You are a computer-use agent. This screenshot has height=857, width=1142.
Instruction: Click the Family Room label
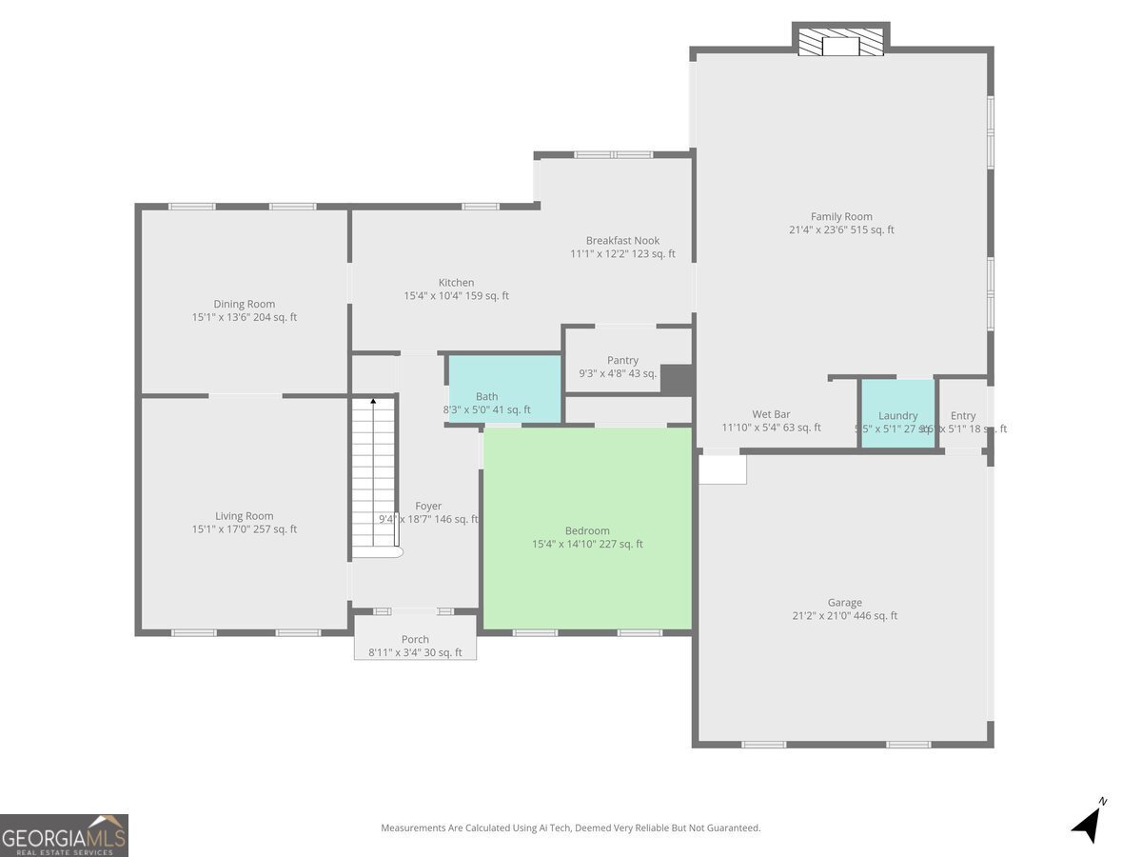click(841, 216)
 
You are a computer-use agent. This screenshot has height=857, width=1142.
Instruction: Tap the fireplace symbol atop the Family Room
click(840, 43)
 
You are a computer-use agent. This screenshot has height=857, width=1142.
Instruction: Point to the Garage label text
click(844, 602)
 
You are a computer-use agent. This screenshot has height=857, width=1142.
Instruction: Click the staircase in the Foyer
click(373, 476)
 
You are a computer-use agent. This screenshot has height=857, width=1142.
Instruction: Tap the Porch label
click(415, 639)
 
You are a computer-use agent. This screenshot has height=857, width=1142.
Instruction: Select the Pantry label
click(622, 360)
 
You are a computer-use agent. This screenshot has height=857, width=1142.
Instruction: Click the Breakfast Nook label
click(622, 240)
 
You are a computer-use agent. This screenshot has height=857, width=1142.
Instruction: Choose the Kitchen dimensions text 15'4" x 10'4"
click(456, 296)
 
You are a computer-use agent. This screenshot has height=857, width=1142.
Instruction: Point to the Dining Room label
click(244, 304)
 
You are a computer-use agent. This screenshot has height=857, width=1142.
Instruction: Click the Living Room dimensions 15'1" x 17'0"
click(245, 529)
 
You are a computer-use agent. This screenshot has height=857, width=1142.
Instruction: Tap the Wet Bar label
click(771, 414)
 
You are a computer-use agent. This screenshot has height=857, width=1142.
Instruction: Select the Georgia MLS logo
click(64, 835)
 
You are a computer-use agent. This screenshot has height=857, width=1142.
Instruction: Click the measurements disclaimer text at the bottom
click(571, 828)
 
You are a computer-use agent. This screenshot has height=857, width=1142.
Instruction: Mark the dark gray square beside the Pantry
click(676, 379)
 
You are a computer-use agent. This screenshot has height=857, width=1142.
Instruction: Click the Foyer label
click(428, 506)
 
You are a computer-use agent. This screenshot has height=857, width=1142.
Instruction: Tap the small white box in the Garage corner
click(722, 469)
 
